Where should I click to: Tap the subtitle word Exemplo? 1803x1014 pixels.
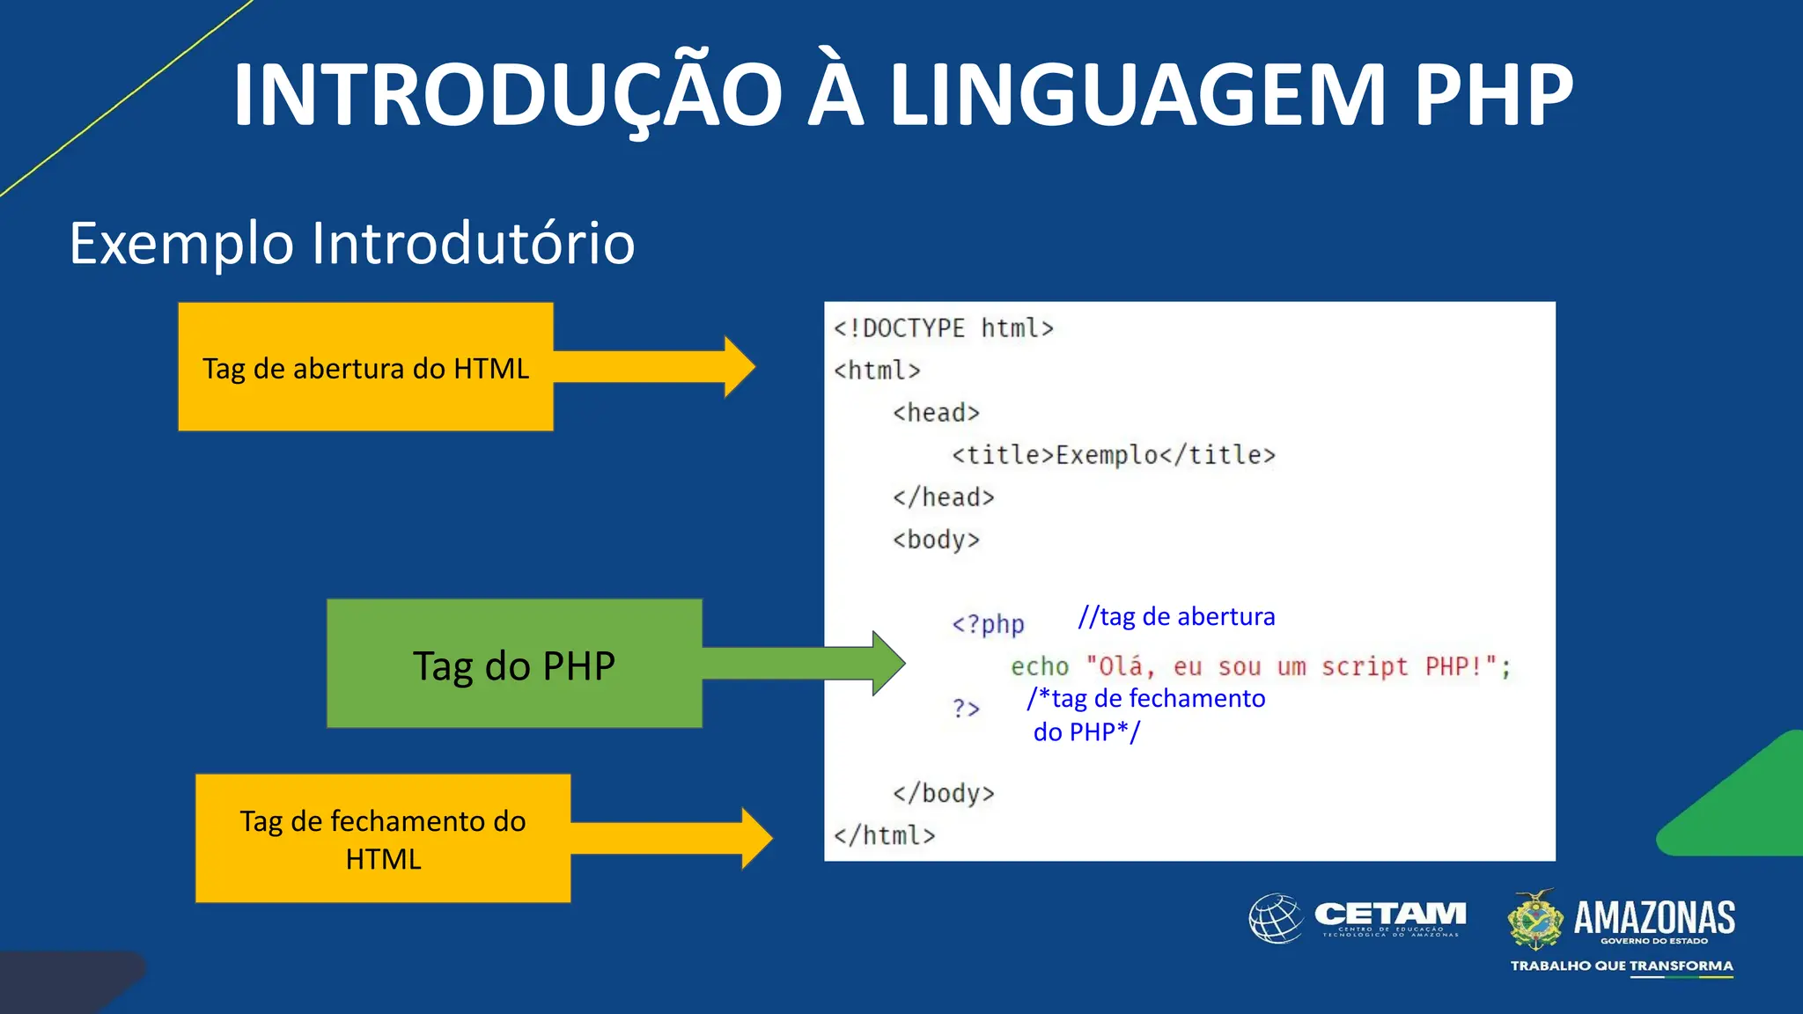(181, 244)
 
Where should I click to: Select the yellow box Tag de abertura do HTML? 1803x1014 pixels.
(365, 367)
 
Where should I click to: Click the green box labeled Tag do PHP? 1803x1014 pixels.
(514, 665)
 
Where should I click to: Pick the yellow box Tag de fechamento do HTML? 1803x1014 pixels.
(383, 839)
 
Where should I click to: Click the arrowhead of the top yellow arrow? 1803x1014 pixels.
(739, 367)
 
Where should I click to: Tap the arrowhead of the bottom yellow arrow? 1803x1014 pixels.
(756, 839)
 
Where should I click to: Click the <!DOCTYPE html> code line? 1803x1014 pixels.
(943, 328)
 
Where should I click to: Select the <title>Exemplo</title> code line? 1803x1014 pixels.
(1113, 455)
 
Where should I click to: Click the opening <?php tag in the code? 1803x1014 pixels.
(988, 624)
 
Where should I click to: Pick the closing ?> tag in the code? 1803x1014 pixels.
(966, 708)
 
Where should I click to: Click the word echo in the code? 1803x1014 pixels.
(1039, 666)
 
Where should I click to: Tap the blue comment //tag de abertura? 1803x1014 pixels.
(1176, 616)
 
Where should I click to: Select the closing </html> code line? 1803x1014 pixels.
(884, 835)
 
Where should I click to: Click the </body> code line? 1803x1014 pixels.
(943, 793)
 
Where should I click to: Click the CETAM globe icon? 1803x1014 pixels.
(1276, 918)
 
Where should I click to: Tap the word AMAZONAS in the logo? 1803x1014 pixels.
(1653, 917)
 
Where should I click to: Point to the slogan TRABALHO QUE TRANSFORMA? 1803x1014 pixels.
(1622, 966)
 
